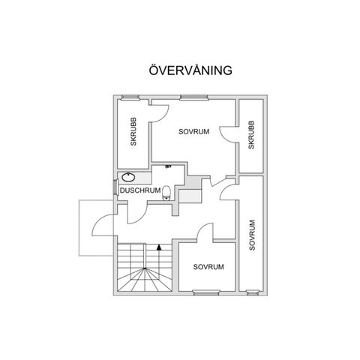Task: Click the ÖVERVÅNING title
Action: click(190, 70)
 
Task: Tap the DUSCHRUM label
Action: click(140, 190)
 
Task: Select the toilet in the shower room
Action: click(166, 193)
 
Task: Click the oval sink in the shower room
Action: click(128, 177)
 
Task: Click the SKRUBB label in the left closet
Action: click(133, 132)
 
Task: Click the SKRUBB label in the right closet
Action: click(251, 135)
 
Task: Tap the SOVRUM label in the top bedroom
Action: click(193, 131)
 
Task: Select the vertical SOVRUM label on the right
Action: click(252, 235)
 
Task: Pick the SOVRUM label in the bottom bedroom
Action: click(208, 267)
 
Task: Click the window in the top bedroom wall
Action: click(194, 97)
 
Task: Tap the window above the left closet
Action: click(130, 97)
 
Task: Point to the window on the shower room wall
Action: click(115, 187)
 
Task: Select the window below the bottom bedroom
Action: click(206, 292)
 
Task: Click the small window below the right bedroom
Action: click(252, 292)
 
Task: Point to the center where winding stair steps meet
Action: click(145, 268)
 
